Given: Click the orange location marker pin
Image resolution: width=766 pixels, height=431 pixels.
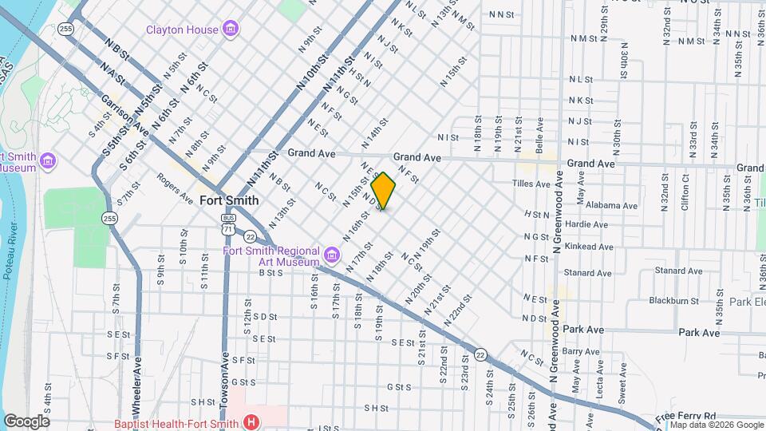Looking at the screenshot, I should [x=383, y=191].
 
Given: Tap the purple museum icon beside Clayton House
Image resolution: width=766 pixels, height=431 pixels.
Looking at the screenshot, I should [x=231, y=30].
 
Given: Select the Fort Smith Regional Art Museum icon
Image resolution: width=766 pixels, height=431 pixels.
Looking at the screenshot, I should [x=331, y=256].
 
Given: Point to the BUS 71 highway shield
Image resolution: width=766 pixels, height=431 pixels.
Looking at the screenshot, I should [x=229, y=223].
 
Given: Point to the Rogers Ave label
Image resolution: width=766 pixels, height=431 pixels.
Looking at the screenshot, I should [x=175, y=188].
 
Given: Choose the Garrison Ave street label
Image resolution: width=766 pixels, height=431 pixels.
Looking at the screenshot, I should [x=124, y=115].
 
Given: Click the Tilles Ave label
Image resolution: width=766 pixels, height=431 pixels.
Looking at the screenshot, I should [x=531, y=184].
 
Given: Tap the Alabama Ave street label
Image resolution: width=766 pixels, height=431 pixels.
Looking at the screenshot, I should [x=611, y=205].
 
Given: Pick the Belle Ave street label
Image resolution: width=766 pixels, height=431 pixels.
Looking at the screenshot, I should [x=539, y=132].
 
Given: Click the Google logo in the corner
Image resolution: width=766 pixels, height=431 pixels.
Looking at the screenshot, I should [x=26, y=421].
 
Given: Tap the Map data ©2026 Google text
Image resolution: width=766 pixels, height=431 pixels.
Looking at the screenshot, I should [x=716, y=425].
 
